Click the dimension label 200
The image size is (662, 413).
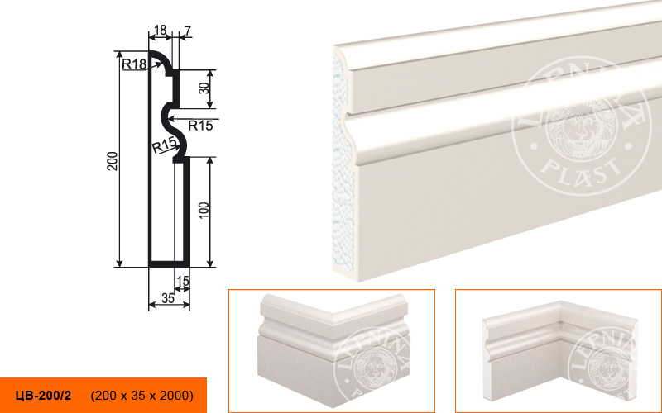113,160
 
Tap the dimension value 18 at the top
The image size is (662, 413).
160,31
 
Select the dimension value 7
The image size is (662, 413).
188,31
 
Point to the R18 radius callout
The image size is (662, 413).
134,64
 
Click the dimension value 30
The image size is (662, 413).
204,88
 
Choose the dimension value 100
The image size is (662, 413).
204,211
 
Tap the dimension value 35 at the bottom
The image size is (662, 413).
168,298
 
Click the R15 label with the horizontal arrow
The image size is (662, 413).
200,126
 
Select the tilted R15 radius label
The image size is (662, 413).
164,145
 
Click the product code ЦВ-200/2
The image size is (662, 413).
44,396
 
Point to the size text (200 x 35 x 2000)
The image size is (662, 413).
142,396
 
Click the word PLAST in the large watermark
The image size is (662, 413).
582,168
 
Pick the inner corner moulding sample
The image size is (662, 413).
559,349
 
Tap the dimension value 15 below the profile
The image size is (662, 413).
183,281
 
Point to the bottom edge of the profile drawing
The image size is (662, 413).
170,264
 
